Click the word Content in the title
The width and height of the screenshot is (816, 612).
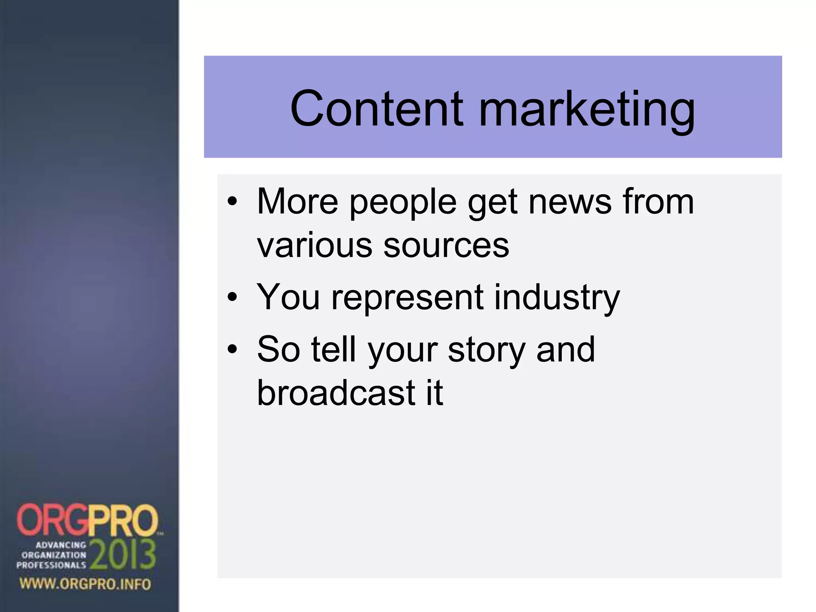pyautogui.click(x=377, y=108)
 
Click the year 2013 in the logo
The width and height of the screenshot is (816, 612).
pyautogui.click(x=123, y=555)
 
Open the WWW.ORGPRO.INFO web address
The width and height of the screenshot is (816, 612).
pyautogui.click(x=85, y=585)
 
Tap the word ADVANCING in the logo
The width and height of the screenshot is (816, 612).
pyautogui.click(x=61, y=545)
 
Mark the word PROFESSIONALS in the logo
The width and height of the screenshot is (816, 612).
pyautogui.click(x=51, y=565)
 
